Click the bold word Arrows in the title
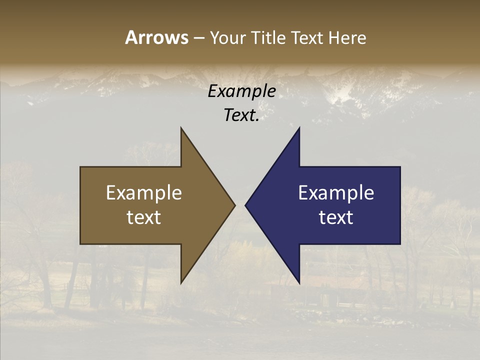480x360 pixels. pyautogui.click(x=156, y=37)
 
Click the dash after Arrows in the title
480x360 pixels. pyautogui.click(x=198, y=38)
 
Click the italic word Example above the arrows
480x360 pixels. pyautogui.click(x=241, y=91)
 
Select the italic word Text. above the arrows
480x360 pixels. pyautogui.click(x=241, y=115)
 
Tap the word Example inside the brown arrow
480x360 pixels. pyautogui.click(x=144, y=193)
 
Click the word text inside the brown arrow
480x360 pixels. pyautogui.click(x=144, y=217)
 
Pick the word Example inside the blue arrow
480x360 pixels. pyautogui.click(x=336, y=193)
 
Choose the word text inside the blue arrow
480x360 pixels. pyautogui.click(x=336, y=217)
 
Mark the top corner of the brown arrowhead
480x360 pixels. pyautogui.click(x=181, y=129)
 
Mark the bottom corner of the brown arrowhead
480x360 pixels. pyautogui.click(x=181, y=282)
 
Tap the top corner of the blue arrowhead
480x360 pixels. pyautogui.click(x=299, y=129)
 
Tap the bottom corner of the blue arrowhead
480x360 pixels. pyautogui.click(x=299, y=282)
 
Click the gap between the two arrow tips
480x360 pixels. pyautogui.click(x=240, y=205)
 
